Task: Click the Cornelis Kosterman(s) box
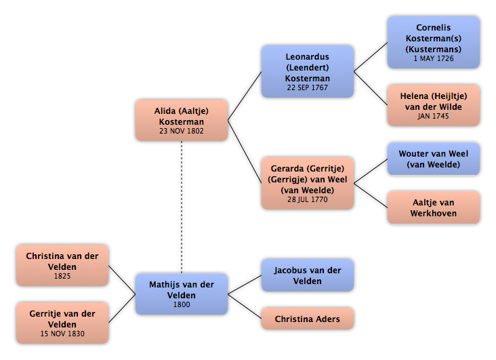[x=434, y=43]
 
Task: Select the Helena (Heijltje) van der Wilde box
[x=434, y=105]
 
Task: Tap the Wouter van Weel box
[x=434, y=159]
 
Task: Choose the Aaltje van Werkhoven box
[x=434, y=207]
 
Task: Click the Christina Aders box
[x=308, y=319]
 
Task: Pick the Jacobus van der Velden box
[x=308, y=275]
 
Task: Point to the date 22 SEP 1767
[x=308, y=87]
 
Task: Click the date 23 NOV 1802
[x=182, y=131]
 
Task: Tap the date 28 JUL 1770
[x=308, y=199]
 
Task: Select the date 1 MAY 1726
[x=434, y=58]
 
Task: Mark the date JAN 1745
[x=433, y=116]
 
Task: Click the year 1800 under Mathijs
[x=182, y=304]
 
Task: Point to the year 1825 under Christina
[x=62, y=276]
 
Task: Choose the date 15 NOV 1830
[x=62, y=334]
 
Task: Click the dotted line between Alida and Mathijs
[x=182, y=207]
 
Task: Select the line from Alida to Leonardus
[x=245, y=96]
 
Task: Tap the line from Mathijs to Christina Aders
[x=245, y=306]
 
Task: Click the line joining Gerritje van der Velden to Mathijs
[x=122, y=308]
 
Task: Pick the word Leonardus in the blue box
[x=308, y=57]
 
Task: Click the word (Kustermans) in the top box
[x=434, y=49]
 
